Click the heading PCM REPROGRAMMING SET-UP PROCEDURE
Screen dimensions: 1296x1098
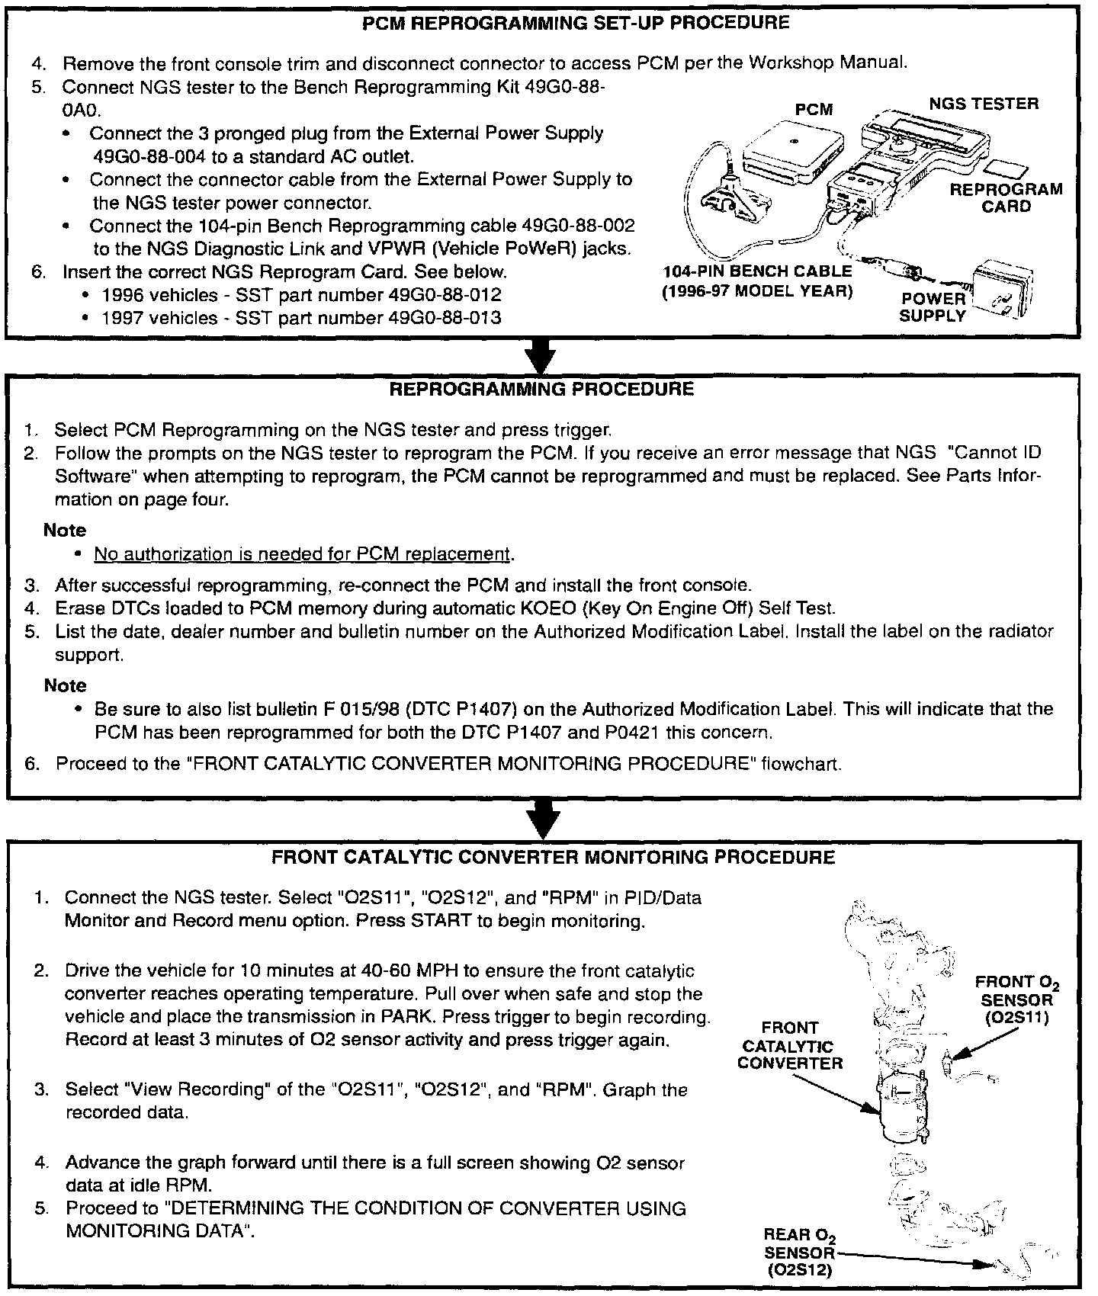pyautogui.click(x=576, y=23)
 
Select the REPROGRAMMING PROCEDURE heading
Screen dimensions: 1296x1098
pyautogui.click(x=541, y=390)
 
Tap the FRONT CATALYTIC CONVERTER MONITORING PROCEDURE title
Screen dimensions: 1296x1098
pyautogui.click(x=553, y=857)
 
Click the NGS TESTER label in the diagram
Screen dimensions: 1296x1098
pyautogui.click(x=983, y=104)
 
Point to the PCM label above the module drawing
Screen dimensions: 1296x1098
pyautogui.click(x=813, y=110)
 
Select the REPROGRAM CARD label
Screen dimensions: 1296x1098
pyautogui.click(x=1006, y=197)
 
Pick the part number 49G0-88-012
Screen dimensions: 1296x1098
pyautogui.click(x=445, y=295)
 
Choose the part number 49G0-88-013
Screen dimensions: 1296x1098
pyautogui.click(x=445, y=318)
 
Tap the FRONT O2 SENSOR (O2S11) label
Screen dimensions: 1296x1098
pyautogui.click(x=1016, y=999)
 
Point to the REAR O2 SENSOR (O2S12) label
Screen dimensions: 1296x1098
pyautogui.click(x=798, y=1252)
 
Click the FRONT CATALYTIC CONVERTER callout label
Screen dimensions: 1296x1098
pyautogui.click(x=790, y=1046)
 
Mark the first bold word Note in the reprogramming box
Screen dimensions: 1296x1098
pyautogui.click(x=65, y=531)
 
